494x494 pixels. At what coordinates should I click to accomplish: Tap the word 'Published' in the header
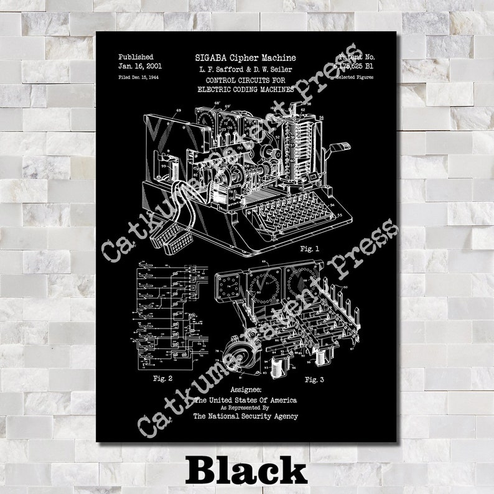(135, 57)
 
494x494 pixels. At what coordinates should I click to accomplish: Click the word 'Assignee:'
(245, 389)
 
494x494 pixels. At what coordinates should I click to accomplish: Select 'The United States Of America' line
(245, 399)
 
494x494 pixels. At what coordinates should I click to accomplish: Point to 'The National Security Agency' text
(245, 416)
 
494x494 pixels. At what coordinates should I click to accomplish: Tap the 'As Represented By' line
(245, 408)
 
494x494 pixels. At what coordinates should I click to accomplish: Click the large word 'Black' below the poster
(247, 470)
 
